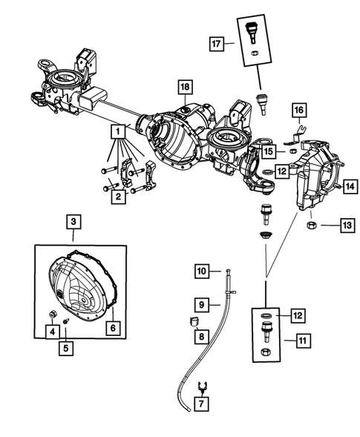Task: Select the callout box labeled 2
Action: tap(117, 197)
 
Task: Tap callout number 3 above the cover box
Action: tap(73, 220)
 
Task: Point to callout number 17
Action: tap(216, 43)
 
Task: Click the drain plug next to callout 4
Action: tap(53, 316)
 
